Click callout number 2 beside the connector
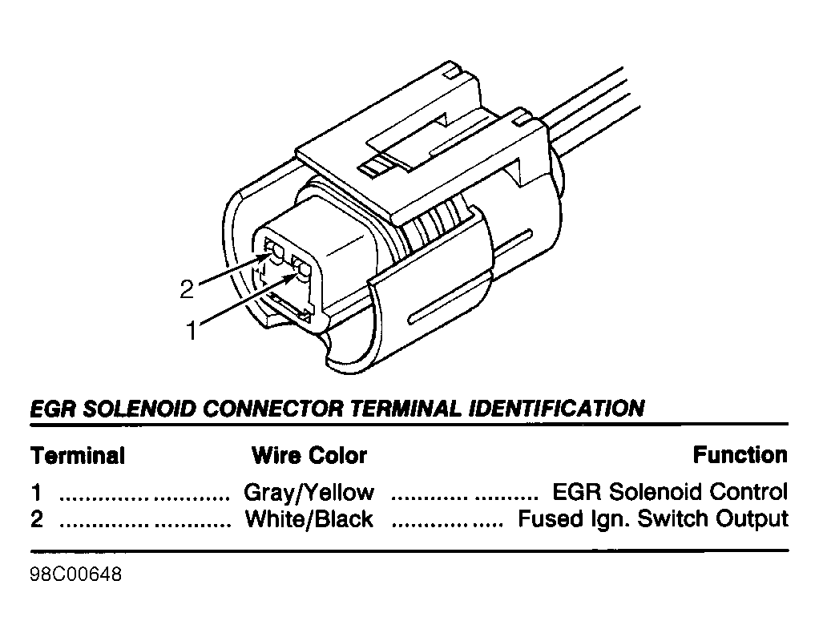coord(187,289)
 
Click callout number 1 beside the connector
coord(192,331)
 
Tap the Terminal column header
coord(78,456)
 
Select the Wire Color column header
coord(309,456)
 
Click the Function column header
coord(740,455)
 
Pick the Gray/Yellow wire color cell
coord(309,493)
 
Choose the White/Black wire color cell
coord(309,519)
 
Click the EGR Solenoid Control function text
coord(670,492)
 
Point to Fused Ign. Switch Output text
coord(653,519)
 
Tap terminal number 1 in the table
coord(36,493)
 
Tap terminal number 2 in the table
coord(37,519)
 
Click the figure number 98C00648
coord(76,574)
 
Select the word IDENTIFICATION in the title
coord(556,409)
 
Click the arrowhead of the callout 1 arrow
coord(295,276)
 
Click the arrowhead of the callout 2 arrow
coord(268,256)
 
